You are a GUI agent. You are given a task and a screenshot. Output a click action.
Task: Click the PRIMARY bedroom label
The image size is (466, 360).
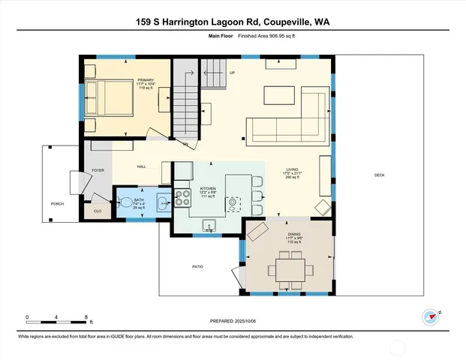(145, 79)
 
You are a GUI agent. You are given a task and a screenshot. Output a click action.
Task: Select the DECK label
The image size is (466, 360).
(379, 175)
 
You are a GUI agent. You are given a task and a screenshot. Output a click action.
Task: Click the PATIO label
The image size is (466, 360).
(198, 266)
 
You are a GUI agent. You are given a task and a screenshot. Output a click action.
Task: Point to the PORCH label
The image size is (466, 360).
(57, 204)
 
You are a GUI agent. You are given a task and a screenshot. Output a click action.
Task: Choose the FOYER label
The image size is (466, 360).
(98, 171)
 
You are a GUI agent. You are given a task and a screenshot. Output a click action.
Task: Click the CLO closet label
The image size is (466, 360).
(98, 211)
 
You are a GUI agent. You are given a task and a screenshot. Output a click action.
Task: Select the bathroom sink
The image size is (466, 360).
(161, 201)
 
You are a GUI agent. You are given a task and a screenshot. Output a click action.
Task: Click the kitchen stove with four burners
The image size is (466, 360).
(182, 198)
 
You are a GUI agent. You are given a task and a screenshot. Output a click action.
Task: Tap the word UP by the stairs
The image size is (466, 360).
(232, 73)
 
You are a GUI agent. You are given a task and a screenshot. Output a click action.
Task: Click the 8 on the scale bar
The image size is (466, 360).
(88, 317)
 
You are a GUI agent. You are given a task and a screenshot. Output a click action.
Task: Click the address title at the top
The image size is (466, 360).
(233, 22)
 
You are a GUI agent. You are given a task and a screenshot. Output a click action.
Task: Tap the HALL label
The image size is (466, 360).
(141, 166)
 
